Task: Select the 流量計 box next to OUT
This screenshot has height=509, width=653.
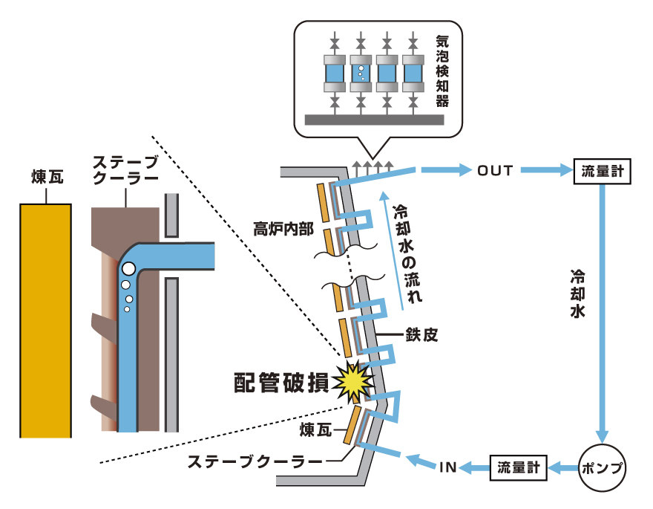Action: tap(602, 172)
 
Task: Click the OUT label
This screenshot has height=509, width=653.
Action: tap(496, 171)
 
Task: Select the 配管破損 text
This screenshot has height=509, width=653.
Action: tap(282, 381)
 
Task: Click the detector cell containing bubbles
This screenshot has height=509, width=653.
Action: tap(361, 73)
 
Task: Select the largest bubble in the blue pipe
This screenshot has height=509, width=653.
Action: tap(129, 268)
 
